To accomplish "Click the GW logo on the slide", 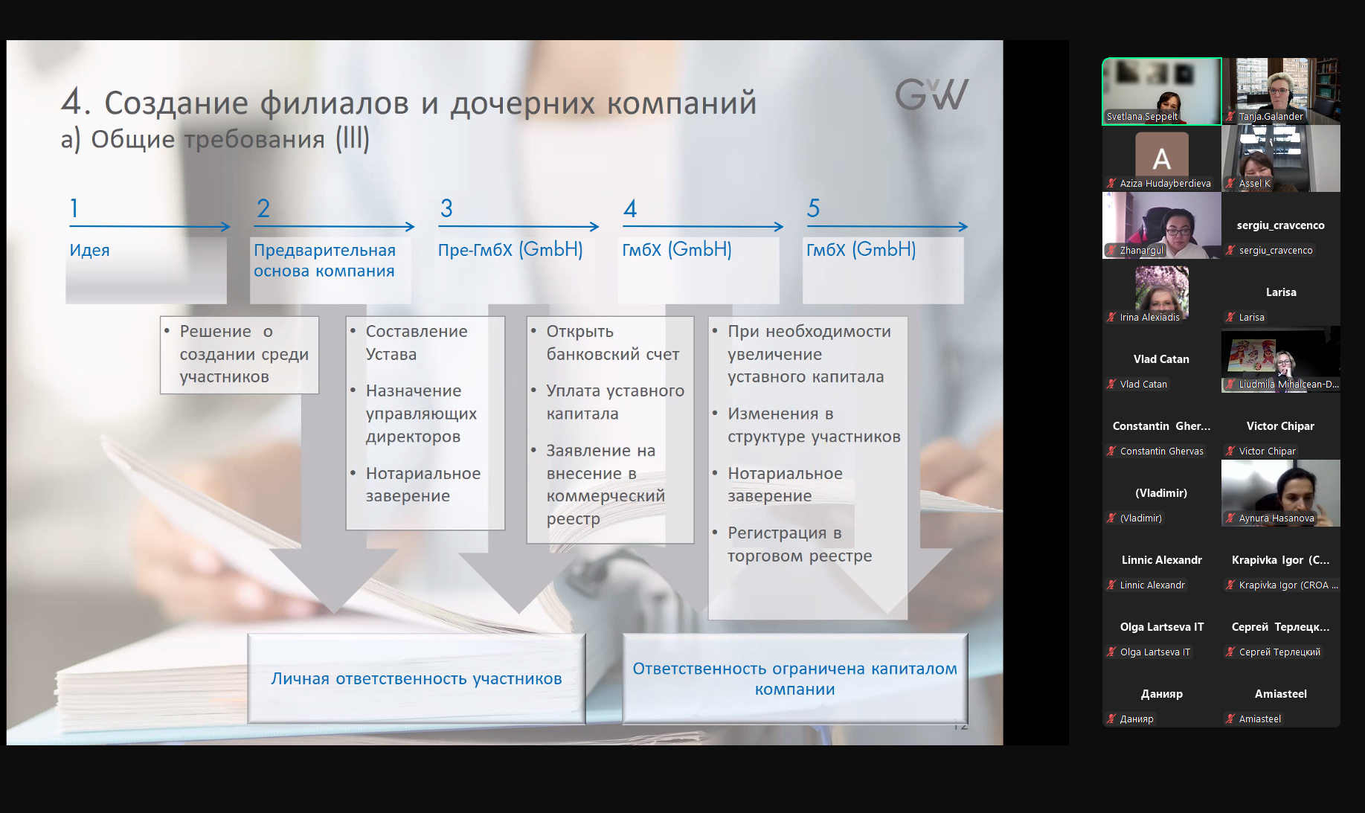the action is tap(932, 94).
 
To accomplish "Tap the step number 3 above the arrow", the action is tap(446, 208).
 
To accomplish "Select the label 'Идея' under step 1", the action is tap(89, 250).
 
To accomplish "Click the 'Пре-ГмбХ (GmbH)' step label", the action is tap(510, 249).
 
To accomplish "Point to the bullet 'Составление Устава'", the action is tap(417, 343).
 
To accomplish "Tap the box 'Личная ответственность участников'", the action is tap(417, 678).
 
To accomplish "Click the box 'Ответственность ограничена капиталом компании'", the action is tap(795, 678).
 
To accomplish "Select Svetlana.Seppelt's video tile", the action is tap(1162, 91).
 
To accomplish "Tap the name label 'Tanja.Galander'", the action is tap(1271, 116).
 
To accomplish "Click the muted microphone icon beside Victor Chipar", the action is tap(1230, 451).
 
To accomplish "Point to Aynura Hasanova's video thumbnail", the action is tap(1281, 493).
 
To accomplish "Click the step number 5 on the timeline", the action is tap(813, 208).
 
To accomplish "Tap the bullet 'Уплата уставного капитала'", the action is tap(615, 402).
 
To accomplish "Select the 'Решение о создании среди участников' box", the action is tap(240, 355).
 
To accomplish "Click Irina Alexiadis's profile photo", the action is tap(1162, 289).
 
